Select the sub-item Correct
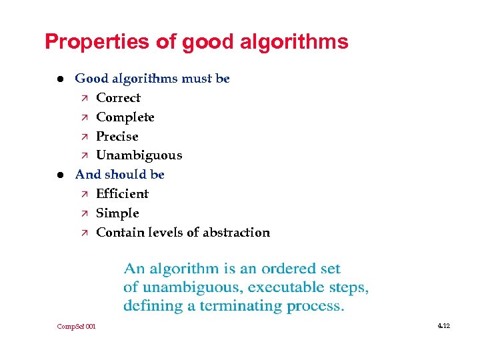[118, 98]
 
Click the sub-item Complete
[125, 117]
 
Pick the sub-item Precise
[117, 137]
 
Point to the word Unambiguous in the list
[139, 155]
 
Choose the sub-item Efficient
[122, 194]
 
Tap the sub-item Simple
[117, 213]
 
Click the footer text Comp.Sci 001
[77, 327]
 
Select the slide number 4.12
[444, 326]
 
